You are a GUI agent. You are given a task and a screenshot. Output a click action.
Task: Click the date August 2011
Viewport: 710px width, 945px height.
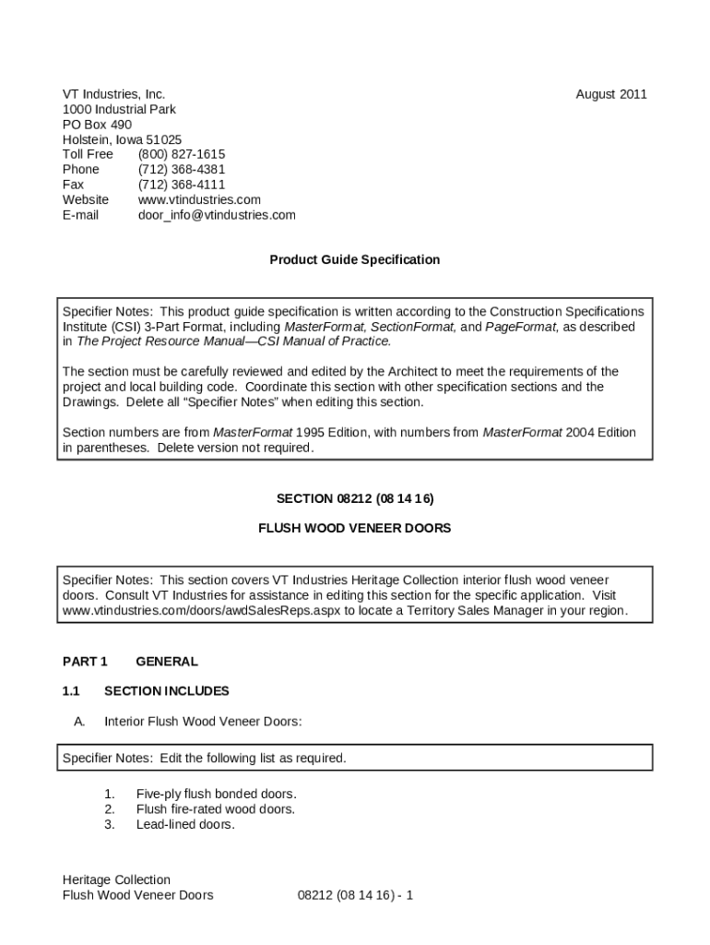coord(611,94)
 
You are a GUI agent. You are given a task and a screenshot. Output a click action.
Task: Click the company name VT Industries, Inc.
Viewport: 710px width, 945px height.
coord(113,94)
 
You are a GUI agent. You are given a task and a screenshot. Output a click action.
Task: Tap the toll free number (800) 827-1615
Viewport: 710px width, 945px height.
coord(182,154)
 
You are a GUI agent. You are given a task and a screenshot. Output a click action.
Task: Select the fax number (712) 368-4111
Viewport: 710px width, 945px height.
coord(182,185)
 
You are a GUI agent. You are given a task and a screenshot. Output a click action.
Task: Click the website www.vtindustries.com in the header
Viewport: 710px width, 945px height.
coord(199,199)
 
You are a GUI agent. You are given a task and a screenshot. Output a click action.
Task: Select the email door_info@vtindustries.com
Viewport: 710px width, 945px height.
coord(217,215)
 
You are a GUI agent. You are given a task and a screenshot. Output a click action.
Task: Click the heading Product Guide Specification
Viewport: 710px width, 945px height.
coord(354,260)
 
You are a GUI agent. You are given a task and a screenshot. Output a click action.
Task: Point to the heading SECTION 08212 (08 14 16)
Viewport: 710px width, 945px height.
coord(354,498)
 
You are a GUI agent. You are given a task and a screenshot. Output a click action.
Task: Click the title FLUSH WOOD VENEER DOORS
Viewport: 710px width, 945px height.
coord(354,529)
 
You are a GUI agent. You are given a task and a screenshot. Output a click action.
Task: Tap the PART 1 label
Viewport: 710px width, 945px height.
coord(85,662)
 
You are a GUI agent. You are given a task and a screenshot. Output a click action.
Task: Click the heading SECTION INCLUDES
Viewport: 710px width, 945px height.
coord(167,691)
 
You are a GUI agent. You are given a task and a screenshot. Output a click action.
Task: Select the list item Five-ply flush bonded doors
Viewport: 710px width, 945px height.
coord(216,794)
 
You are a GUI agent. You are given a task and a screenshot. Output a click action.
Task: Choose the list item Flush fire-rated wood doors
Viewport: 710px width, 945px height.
coord(216,809)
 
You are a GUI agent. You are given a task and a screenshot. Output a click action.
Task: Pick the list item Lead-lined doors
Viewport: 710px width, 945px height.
coord(185,824)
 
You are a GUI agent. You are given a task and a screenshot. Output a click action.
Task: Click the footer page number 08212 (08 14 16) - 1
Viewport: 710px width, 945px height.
coord(355,895)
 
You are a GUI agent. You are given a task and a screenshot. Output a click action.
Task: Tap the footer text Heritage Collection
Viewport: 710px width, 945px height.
coord(116,879)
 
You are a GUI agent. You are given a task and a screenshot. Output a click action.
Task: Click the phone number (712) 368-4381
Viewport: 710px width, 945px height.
coord(182,170)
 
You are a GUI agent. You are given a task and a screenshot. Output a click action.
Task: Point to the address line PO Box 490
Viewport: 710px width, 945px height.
coord(97,125)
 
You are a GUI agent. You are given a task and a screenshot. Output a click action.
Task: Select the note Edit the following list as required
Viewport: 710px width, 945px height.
coord(253,759)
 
